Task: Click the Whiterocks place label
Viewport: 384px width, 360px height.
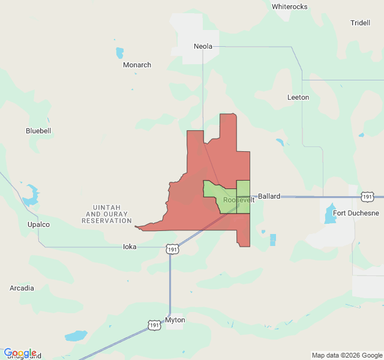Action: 289,7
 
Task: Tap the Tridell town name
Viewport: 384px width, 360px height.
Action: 360,23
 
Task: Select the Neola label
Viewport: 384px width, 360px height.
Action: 203,46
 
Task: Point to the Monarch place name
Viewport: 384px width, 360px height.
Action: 137,65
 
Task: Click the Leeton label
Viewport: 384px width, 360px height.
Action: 298,97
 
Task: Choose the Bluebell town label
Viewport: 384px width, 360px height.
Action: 38,130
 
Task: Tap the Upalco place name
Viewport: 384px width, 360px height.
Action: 38,224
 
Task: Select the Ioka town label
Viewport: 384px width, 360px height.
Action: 130,247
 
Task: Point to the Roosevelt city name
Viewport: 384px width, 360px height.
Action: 239,200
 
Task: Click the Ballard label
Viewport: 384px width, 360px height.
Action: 269,196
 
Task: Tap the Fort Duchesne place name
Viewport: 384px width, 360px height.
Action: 356,213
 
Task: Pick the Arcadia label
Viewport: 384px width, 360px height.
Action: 22,288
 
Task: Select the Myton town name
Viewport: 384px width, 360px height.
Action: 175,320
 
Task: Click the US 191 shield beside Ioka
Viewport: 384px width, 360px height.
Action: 172,249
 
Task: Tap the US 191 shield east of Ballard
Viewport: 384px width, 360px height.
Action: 367,196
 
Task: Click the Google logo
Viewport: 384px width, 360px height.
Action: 20,353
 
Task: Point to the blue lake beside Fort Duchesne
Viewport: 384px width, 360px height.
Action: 330,214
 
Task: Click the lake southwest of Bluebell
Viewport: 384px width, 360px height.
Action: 30,193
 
